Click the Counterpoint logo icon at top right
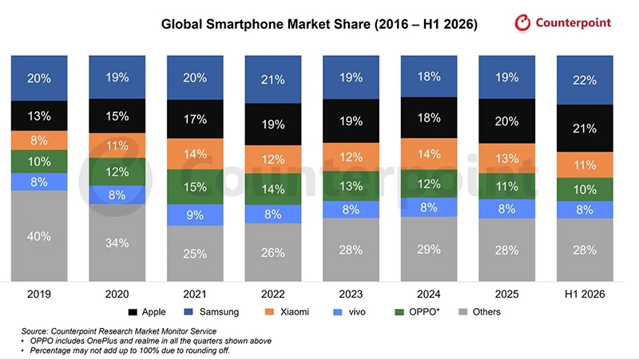522,23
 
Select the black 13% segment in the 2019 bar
39,116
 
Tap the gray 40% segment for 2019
39,235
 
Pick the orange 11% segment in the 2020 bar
117,145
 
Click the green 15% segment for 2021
195,187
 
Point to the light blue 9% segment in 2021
195,215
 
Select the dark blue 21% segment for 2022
273,79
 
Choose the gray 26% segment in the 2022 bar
273,252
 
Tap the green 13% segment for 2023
351,186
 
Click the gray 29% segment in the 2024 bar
429,249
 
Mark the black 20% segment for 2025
506,121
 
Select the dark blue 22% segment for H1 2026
585,81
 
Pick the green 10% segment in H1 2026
585,189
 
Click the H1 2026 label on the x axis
585,294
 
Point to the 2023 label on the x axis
351,294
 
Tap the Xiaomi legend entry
287,312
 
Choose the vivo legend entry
349,312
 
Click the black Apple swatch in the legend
133,312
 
